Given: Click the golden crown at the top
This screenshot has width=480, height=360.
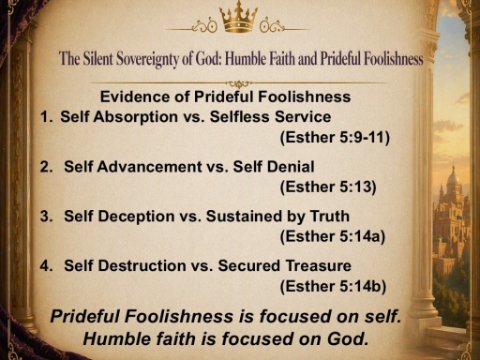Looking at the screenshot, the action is point(238,17).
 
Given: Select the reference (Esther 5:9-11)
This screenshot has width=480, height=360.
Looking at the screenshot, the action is point(335,137).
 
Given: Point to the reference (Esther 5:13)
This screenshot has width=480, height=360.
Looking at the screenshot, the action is point(328,187).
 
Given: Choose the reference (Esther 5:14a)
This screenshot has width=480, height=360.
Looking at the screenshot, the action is point(332,237).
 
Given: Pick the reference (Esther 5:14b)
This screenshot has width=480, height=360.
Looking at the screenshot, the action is point(333,287).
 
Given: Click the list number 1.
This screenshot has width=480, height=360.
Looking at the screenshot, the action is point(45,117).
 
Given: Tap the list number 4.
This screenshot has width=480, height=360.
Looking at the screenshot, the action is point(46,266).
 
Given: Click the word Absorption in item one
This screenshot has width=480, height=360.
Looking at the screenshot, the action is point(135,117).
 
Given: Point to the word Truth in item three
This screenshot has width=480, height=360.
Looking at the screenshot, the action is point(330,216).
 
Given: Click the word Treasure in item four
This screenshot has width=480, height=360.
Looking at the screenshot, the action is point(318,266).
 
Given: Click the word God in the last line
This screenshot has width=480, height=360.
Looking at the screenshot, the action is point(347,339).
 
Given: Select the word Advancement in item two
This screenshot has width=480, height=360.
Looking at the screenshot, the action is point(149,167).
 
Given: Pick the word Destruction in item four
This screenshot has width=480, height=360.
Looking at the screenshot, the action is point(141,266).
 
